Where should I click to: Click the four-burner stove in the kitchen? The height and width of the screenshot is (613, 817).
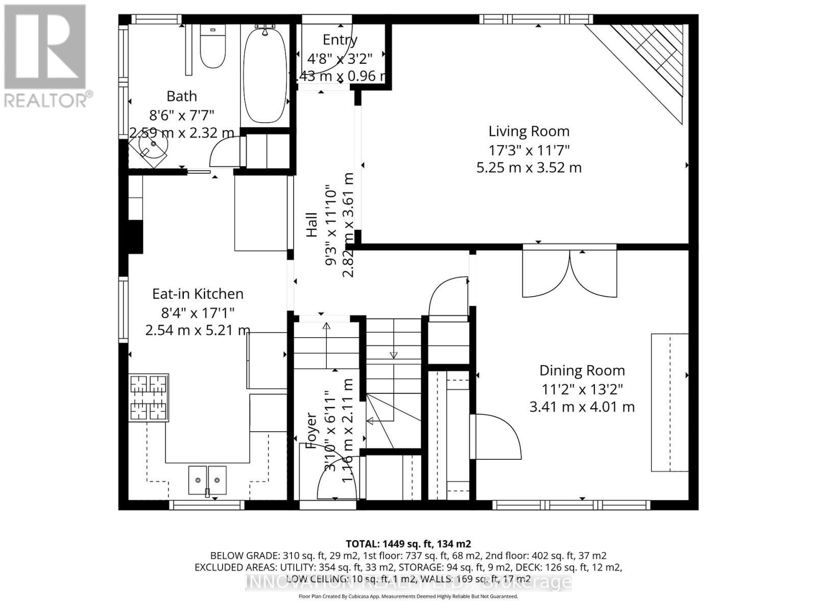(149, 397)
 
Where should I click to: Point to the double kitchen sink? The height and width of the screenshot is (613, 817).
(207, 480)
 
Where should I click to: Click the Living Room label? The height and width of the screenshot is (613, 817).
(528, 131)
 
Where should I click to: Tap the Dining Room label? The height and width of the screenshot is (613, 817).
(582, 370)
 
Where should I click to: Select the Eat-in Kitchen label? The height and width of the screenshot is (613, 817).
(198, 294)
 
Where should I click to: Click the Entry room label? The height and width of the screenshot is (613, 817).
(340, 40)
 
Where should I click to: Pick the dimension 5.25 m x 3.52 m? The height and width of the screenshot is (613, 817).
(528, 168)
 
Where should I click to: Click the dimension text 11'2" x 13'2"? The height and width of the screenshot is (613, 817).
(582, 389)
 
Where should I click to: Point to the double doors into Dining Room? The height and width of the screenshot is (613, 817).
(569, 273)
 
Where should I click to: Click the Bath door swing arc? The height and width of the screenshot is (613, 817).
(224, 151)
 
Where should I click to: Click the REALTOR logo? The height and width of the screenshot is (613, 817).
(46, 56)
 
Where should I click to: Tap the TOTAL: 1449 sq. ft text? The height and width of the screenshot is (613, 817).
(408, 544)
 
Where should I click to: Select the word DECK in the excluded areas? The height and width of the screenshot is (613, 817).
(526, 567)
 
